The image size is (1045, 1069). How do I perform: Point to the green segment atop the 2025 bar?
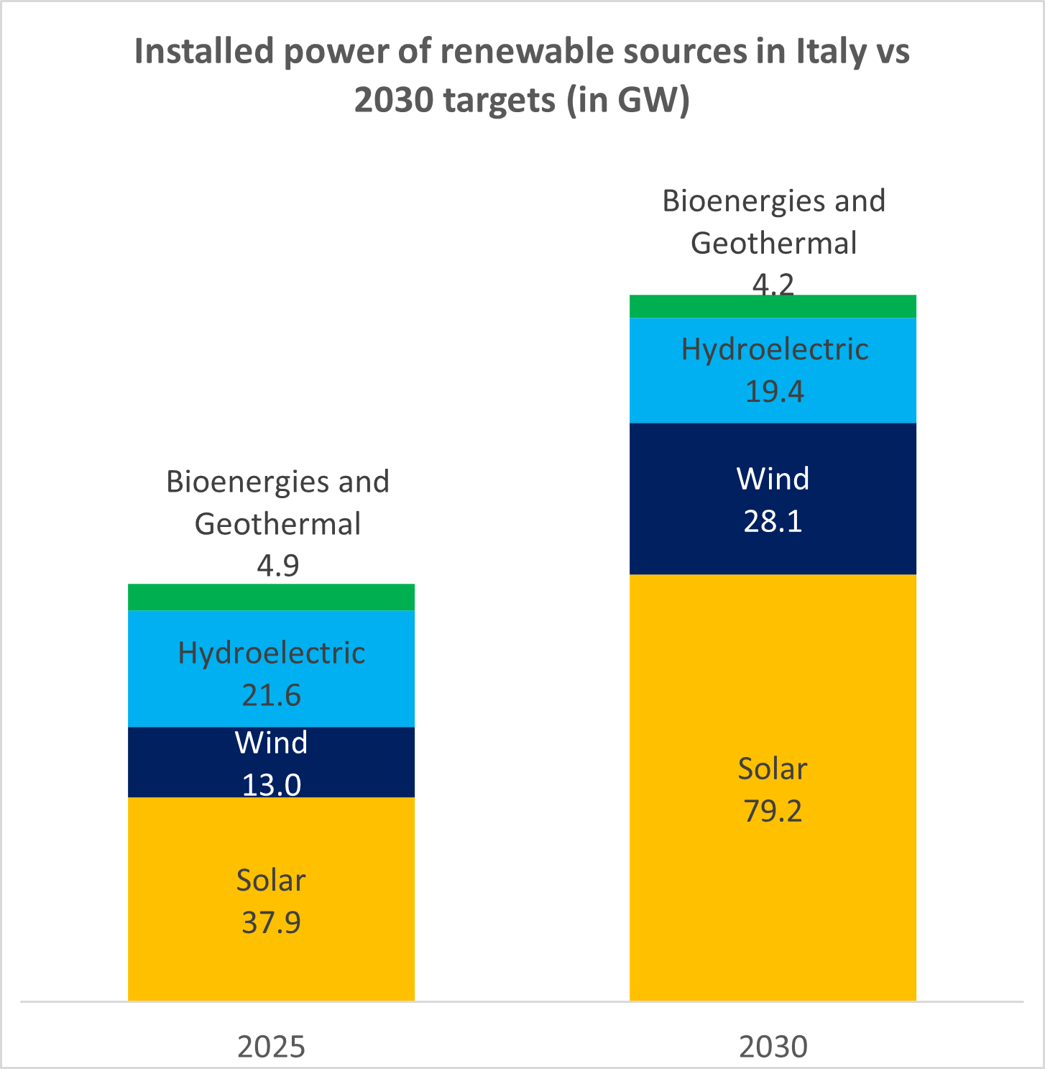(271, 597)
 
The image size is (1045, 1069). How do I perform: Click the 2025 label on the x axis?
(271, 1047)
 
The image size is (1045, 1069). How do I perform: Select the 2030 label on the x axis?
(773, 1047)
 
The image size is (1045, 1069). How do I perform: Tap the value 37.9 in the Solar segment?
(271, 922)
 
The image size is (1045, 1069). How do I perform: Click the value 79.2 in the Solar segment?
(773, 811)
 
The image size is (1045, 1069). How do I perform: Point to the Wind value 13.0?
(271, 784)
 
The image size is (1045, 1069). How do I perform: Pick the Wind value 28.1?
(773, 521)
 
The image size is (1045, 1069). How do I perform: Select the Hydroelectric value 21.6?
(271, 695)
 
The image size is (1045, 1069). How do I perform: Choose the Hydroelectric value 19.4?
(774, 392)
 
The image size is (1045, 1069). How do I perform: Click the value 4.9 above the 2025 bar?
(277, 566)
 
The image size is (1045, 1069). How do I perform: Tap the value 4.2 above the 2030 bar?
(773, 285)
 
